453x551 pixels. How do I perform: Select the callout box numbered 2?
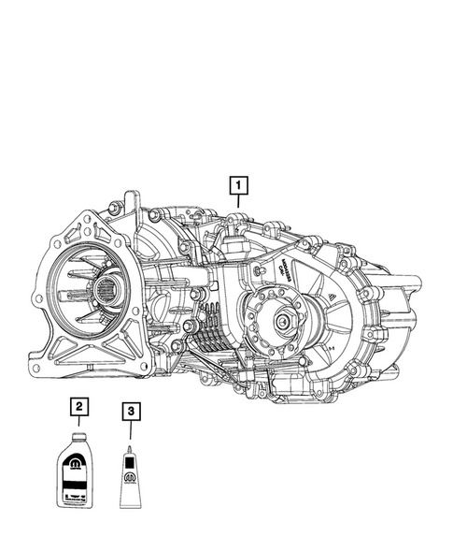(x=80, y=407)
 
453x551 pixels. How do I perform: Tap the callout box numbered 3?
(x=132, y=410)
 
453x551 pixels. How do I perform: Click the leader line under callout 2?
(x=80, y=424)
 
